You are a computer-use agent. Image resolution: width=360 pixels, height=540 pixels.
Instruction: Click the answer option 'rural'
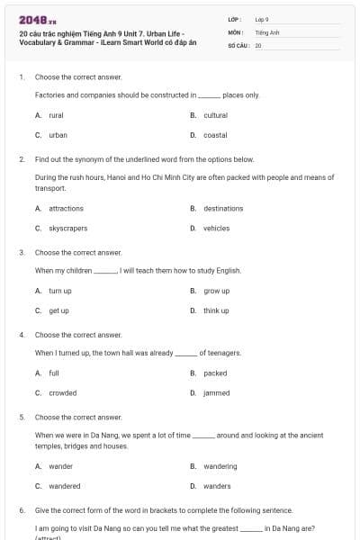tap(56, 115)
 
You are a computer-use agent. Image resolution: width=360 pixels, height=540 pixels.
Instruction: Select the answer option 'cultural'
tap(215, 115)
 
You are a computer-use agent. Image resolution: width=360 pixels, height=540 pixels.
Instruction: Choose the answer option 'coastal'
tap(215, 135)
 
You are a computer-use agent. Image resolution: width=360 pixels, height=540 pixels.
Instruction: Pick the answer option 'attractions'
tap(66, 208)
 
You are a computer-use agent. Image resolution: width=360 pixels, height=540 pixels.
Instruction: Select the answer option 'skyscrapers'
tap(67, 229)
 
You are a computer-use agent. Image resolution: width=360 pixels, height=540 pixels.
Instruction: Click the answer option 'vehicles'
tap(216, 229)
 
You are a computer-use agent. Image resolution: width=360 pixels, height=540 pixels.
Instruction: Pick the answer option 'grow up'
tap(216, 291)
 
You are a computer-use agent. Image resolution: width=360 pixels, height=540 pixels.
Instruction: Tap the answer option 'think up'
tap(216, 310)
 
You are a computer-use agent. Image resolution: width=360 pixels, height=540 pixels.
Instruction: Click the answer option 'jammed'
tap(216, 392)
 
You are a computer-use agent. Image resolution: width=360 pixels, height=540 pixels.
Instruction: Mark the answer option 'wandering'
tap(220, 466)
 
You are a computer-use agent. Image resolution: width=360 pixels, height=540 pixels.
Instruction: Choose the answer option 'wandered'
tap(64, 486)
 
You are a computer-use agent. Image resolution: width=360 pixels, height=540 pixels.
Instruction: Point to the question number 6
tap(22, 509)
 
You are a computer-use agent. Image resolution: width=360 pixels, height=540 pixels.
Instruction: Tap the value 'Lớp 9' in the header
tap(262, 19)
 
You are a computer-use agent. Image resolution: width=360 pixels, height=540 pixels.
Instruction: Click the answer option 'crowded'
tap(62, 392)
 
